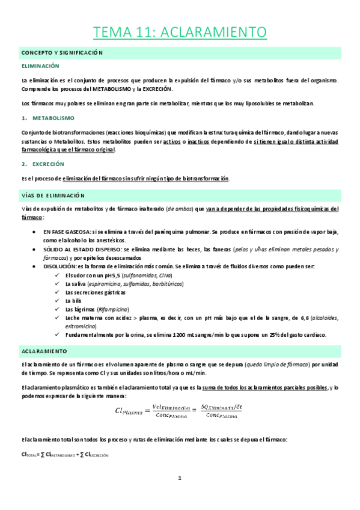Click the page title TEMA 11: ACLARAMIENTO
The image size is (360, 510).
(180, 31)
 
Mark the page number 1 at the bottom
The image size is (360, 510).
(179, 478)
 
